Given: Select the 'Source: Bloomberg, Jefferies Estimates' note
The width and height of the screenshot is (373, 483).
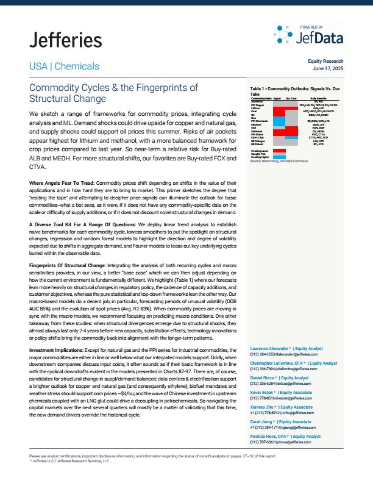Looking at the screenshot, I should (x=277, y=160).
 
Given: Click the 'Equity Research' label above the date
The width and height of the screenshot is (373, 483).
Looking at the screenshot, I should (x=325, y=62).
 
